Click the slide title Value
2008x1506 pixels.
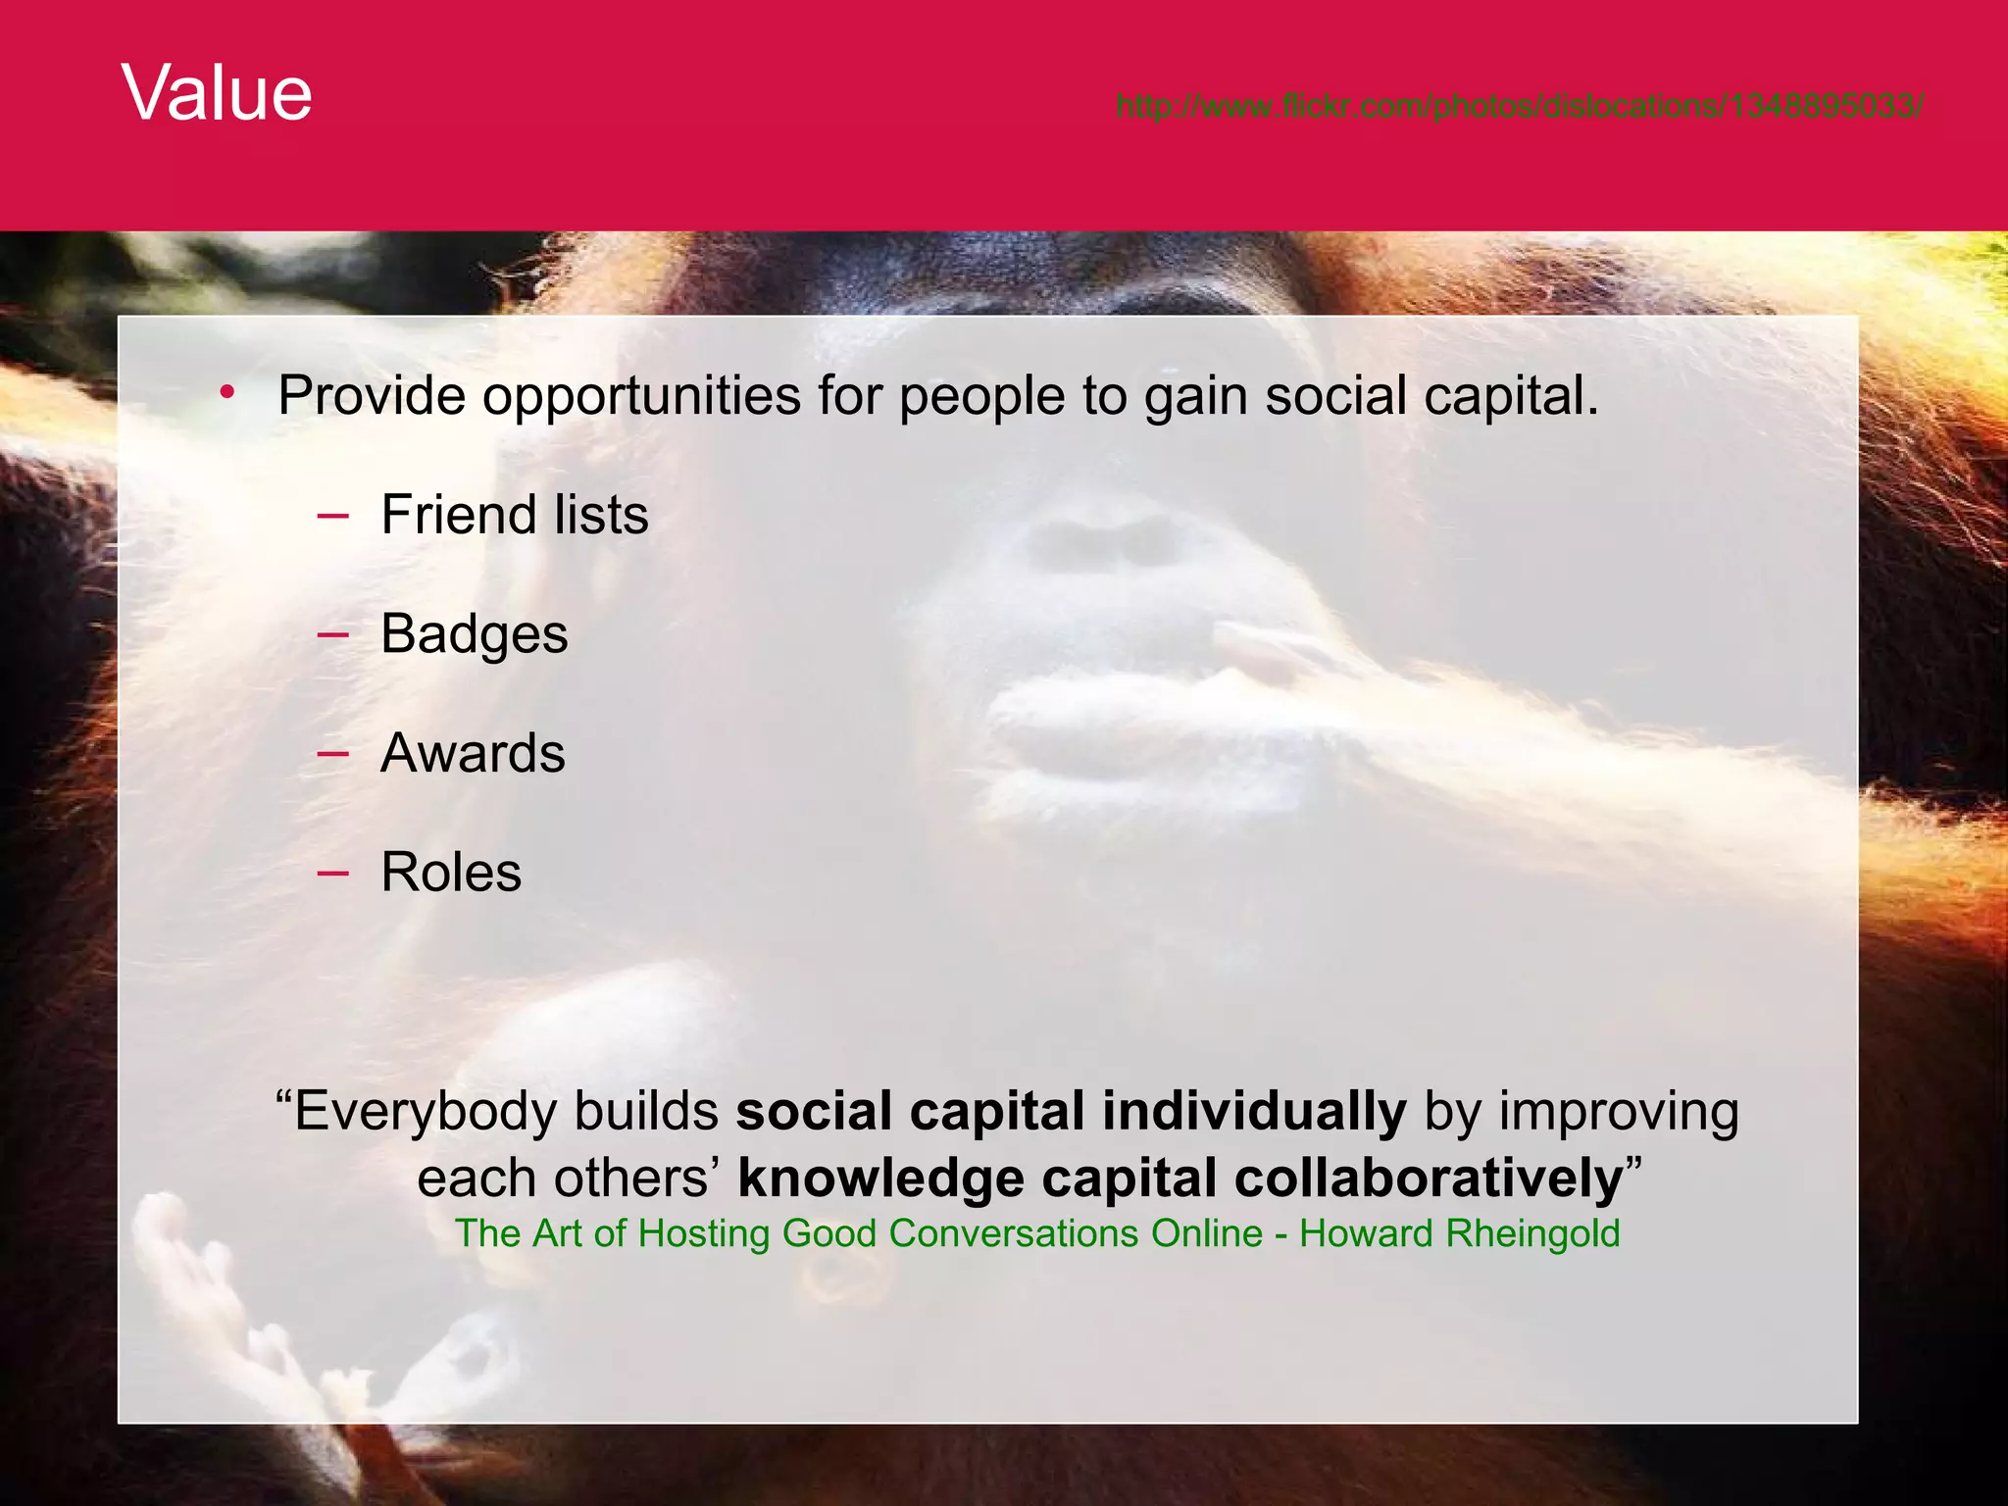click(217, 93)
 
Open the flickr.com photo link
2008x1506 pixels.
click(1519, 105)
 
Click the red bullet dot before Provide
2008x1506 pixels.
click(227, 394)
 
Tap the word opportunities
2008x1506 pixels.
click(641, 396)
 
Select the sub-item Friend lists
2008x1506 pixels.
click(514, 515)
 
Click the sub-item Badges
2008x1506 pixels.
click(474, 634)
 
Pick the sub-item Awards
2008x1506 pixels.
click(473, 753)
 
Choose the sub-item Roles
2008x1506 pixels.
click(451, 873)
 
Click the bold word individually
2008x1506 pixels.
click(1254, 1112)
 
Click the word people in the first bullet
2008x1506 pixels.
click(981, 396)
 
